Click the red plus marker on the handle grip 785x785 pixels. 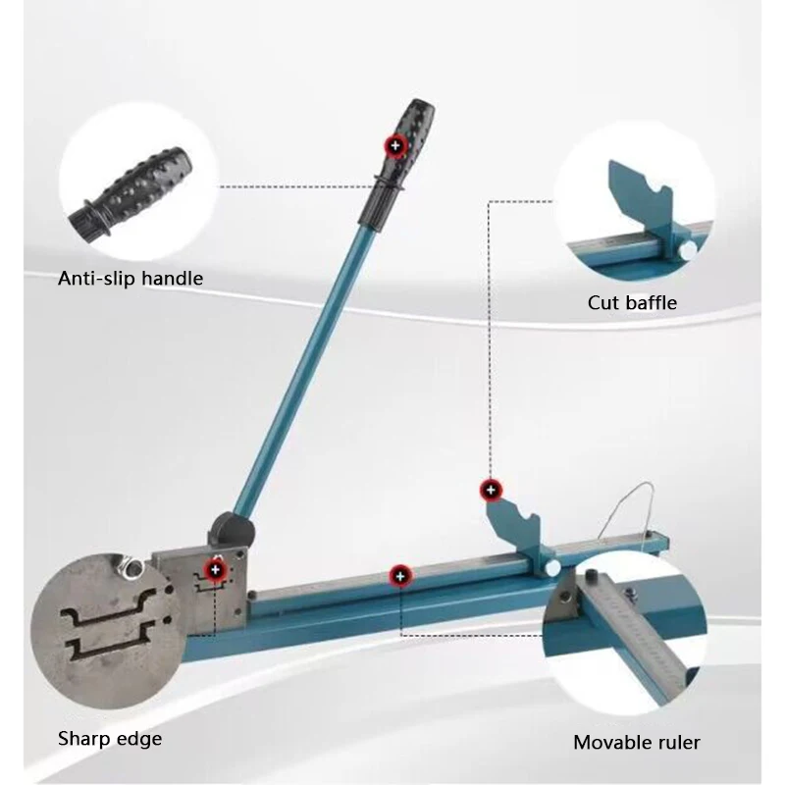tap(395, 145)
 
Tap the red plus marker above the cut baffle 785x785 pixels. tap(491, 490)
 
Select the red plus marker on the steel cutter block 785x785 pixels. tap(215, 570)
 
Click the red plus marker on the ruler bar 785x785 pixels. tap(399, 576)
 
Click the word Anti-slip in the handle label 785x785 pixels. tap(95, 279)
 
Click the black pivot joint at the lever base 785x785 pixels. tap(231, 531)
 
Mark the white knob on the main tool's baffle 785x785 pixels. tap(552, 568)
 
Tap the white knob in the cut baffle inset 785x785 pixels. tap(688, 250)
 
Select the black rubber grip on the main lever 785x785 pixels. tap(395, 165)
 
